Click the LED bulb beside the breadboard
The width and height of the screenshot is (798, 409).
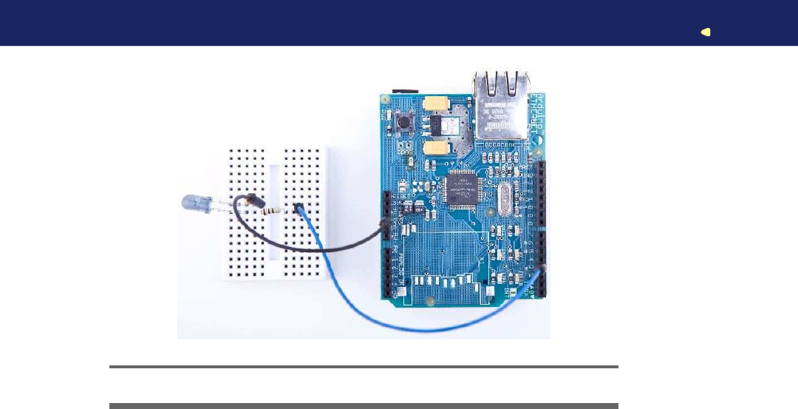(x=193, y=202)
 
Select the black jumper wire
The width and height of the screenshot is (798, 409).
(x=310, y=249)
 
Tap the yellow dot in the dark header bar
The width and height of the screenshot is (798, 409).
(x=706, y=32)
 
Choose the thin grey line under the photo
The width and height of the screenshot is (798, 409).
(x=364, y=366)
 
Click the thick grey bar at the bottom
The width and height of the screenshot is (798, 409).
(x=364, y=406)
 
